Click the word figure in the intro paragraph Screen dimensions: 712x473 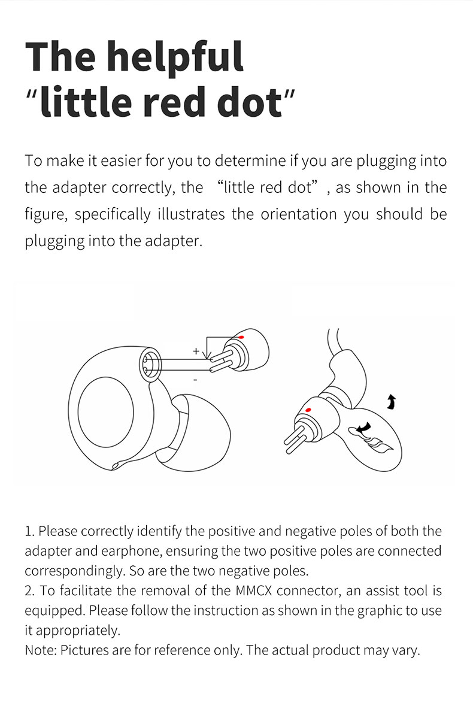[x=44, y=214]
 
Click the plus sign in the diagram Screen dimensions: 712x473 [x=196, y=351]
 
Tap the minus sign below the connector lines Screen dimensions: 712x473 [x=196, y=380]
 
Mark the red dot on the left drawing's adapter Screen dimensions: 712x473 [x=241, y=338]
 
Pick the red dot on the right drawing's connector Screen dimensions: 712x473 [x=308, y=410]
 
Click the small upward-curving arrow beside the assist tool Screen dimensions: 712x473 [x=392, y=402]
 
